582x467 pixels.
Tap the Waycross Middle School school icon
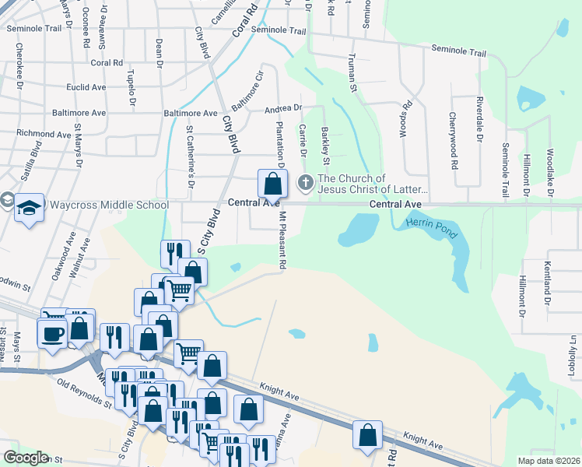point(29,208)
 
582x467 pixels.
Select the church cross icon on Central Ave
point(305,184)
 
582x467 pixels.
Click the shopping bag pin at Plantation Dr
point(272,184)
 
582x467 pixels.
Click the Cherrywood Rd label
point(452,141)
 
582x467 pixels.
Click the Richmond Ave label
point(44,134)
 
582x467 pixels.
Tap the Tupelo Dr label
point(131,87)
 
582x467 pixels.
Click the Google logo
point(25,458)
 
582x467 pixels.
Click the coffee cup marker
point(53,334)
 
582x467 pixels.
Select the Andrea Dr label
point(282,108)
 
